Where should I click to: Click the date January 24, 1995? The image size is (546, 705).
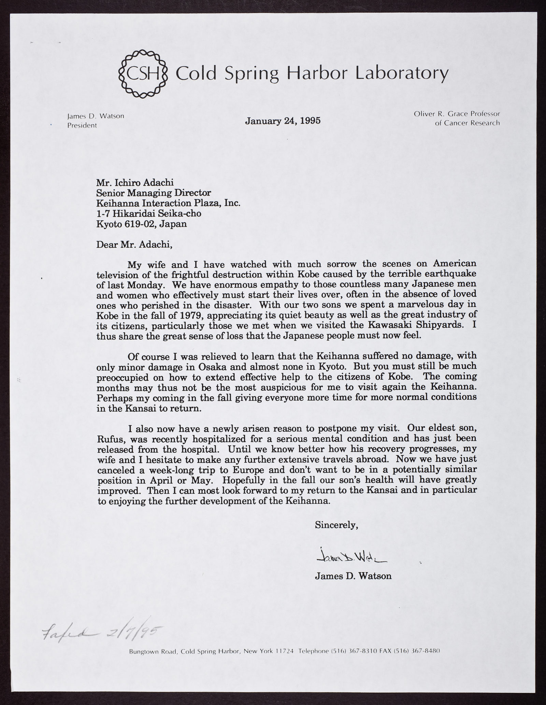(x=283, y=121)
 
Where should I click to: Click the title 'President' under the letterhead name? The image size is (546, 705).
(x=82, y=125)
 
